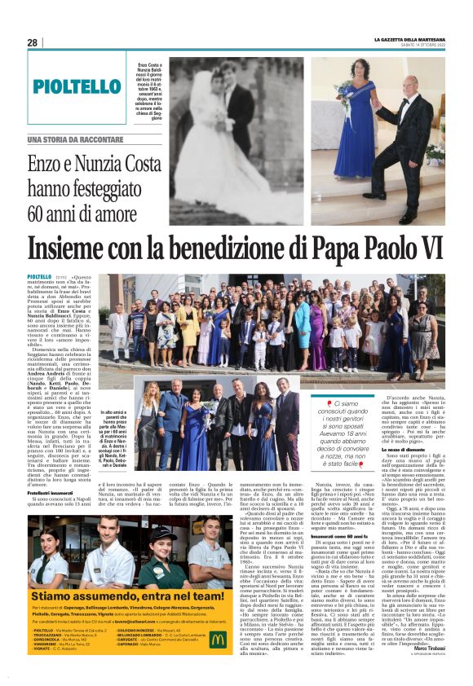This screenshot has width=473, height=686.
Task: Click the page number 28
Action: [x=32, y=42]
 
